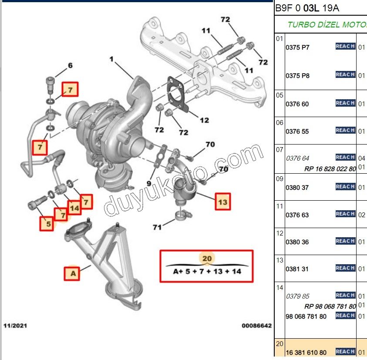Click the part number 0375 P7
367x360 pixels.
pos(297,47)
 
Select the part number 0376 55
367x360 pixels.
pos(297,131)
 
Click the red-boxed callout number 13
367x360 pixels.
pos(223,202)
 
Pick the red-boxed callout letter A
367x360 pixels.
pos(73,273)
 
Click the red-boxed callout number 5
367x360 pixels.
pos(47,224)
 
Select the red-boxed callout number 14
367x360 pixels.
pos(74,208)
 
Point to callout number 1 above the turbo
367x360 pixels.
pos(111,58)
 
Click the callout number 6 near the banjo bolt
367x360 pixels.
pos(70,66)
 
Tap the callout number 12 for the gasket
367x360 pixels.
pos(204,121)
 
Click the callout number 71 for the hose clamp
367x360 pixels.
pos(158,227)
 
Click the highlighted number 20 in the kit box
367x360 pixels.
pos(207,258)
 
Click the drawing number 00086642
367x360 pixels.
pos(257,325)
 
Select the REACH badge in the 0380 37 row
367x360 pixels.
pos(345,187)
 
